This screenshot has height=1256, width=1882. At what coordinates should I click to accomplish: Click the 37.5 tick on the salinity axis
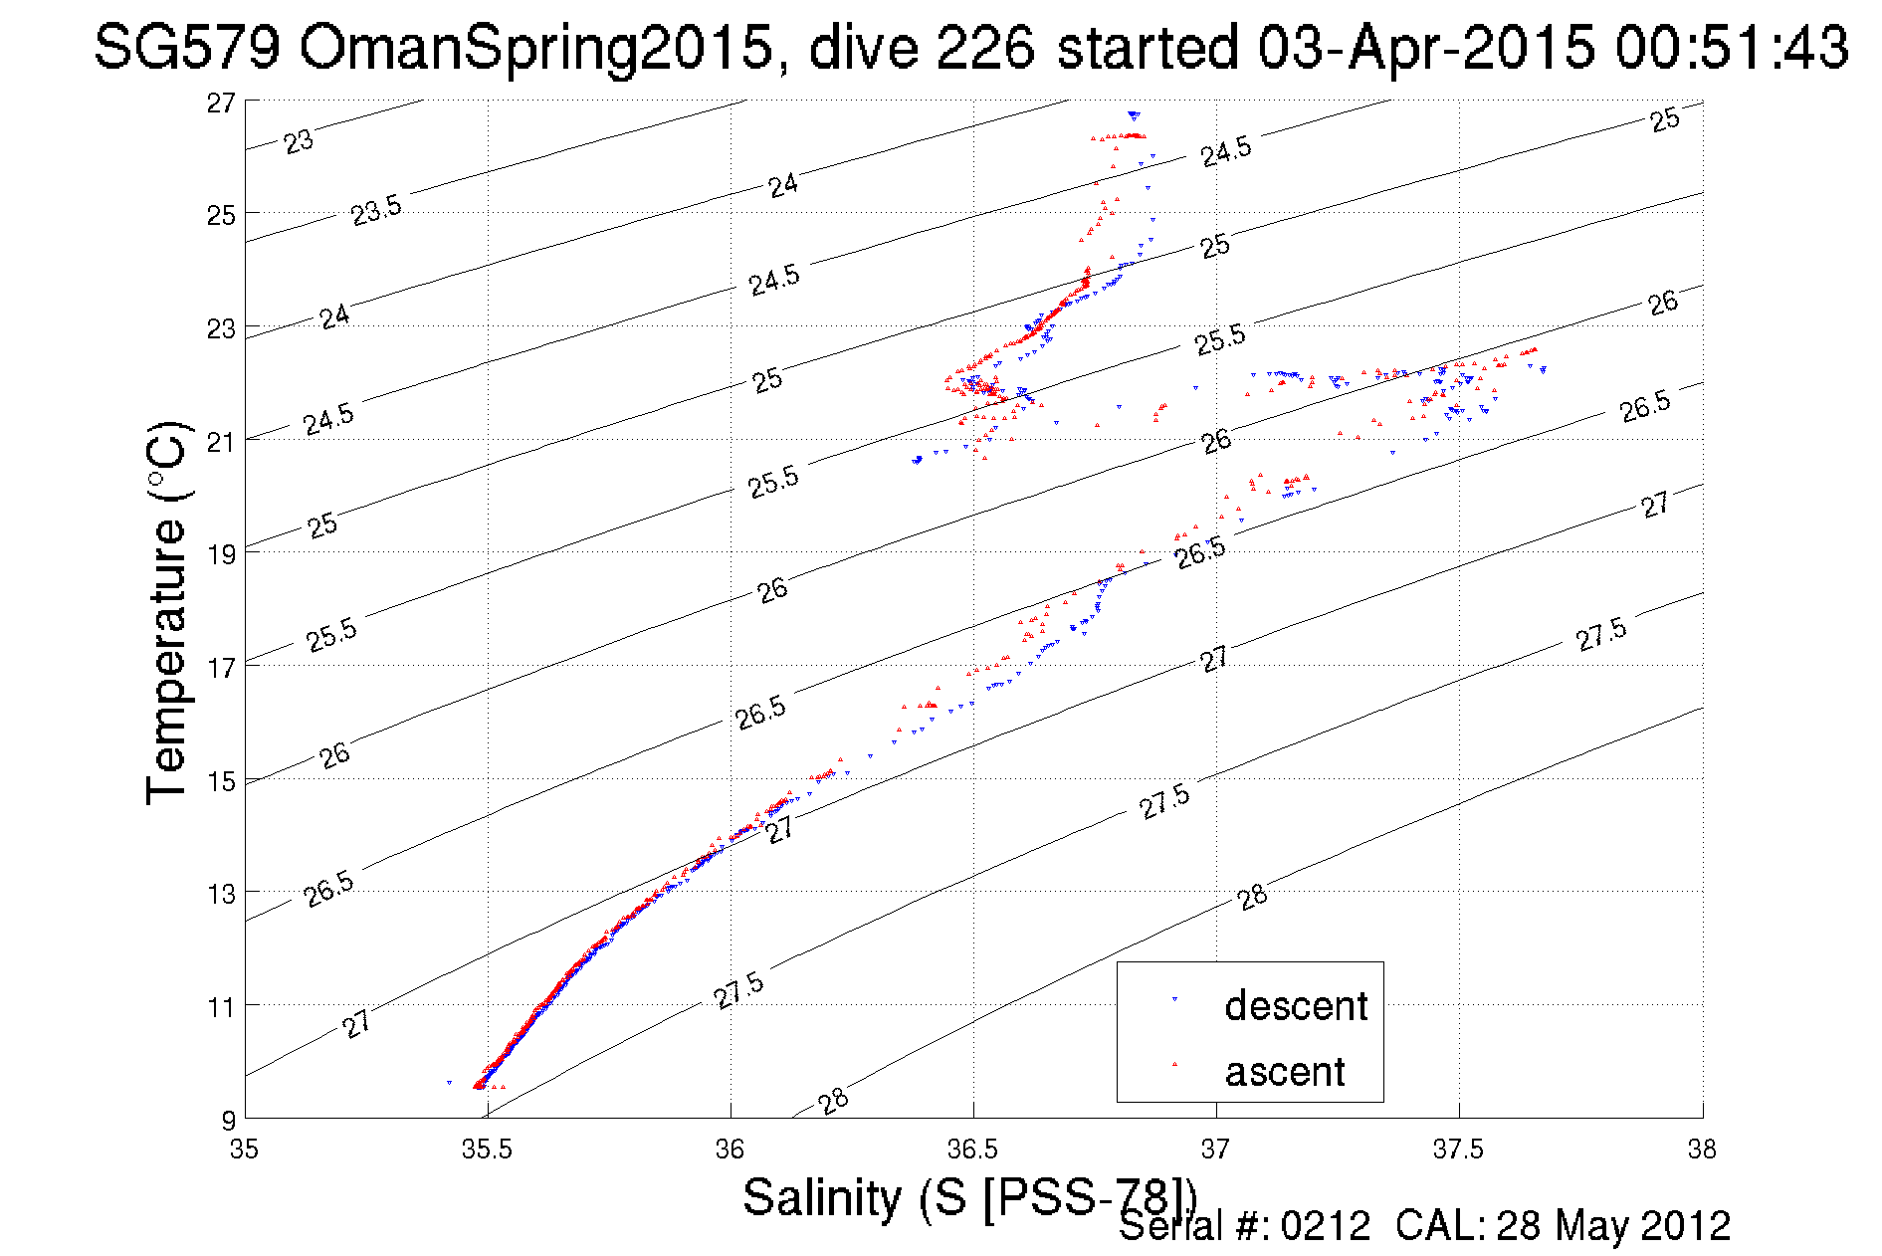coord(1458,1150)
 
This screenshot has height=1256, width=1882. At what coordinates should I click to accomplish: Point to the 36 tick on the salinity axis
coord(730,1150)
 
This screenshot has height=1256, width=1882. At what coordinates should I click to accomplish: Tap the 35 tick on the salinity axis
coord(244,1150)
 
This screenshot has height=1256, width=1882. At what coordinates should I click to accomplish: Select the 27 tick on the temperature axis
coord(221,103)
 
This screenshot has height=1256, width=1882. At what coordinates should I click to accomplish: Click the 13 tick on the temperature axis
coord(221,893)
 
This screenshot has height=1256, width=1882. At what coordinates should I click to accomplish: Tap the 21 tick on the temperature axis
coord(221,441)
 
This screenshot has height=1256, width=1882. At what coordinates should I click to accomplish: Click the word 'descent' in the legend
coord(1296,1005)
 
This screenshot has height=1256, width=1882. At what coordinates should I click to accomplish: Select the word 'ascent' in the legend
coord(1285,1072)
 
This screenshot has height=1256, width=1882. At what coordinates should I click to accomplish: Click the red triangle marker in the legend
coord(1175,1064)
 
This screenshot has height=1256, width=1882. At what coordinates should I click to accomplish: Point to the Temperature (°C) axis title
coord(166,612)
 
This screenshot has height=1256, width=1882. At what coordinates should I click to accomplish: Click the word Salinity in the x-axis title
coord(821,1197)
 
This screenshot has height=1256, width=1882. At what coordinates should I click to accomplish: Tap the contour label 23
coord(299,141)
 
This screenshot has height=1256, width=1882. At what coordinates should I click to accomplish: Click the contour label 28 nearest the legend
coord(1253,897)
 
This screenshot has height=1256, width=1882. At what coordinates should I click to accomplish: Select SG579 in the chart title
coord(187,47)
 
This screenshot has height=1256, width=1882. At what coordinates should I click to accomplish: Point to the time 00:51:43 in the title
coord(1732,47)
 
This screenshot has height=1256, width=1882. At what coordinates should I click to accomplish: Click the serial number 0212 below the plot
coord(1326,1226)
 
